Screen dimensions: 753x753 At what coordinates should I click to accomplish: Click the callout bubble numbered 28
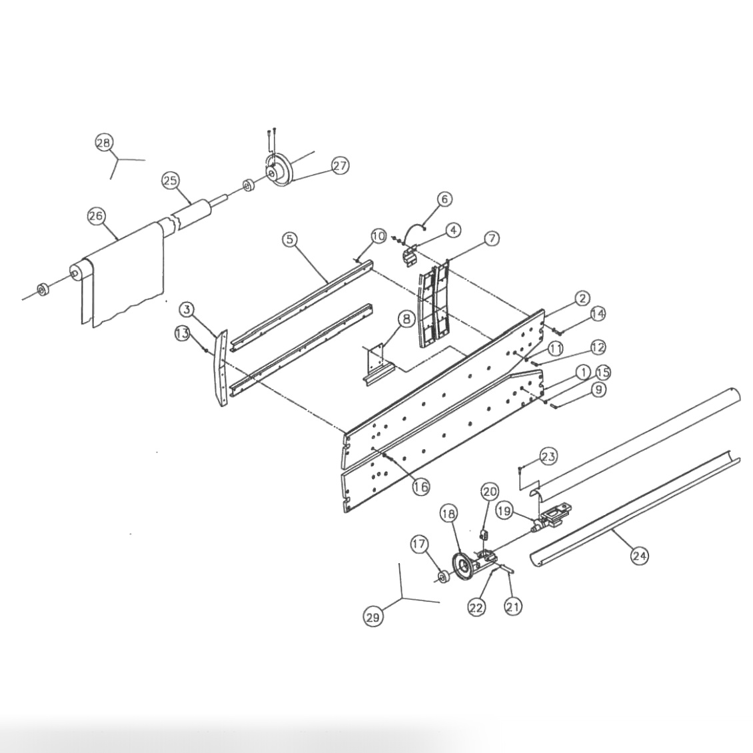(104, 143)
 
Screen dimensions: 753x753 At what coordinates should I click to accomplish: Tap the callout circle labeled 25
(171, 180)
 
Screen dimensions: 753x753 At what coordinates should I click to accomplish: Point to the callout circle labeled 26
(97, 216)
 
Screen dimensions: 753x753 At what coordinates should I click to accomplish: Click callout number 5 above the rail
(289, 239)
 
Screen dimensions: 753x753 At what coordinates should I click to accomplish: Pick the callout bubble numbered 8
(405, 319)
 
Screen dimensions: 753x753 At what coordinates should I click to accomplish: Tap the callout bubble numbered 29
(373, 617)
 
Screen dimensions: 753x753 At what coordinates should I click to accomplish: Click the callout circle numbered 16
(420, 486)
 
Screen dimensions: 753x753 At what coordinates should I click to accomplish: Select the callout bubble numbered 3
(187, 309)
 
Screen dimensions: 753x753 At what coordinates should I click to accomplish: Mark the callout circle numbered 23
(548, 456)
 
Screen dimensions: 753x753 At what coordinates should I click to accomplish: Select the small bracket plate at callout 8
(375, 363)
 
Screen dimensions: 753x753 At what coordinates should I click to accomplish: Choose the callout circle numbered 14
(598, 313)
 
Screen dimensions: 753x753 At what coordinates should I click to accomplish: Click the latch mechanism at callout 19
(553, 517)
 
